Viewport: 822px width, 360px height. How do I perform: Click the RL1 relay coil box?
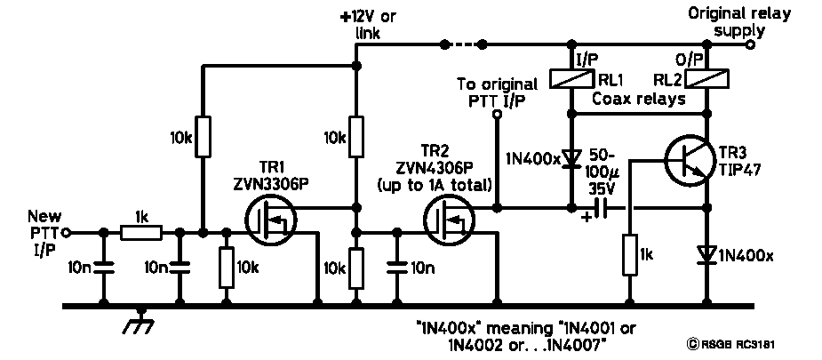coord(569,79)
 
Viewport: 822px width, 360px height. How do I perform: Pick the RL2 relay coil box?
coord(708,79)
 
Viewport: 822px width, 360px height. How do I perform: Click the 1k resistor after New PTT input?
coord(140,233)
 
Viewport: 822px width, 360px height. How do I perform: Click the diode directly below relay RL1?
coord(569,158)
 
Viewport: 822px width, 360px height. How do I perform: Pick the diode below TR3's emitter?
coord(708,256)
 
